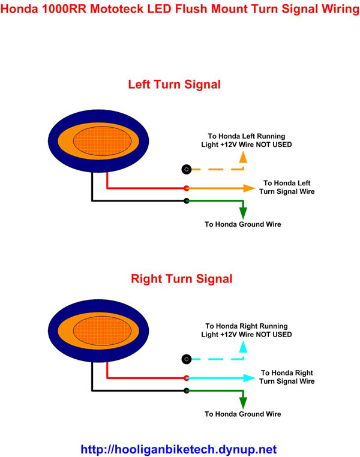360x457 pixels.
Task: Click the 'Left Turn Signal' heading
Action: (x=174, y=85)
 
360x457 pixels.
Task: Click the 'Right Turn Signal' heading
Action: (x=181, y=278)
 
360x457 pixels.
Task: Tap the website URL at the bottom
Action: (x=178, y=449)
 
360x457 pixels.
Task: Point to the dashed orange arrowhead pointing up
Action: (x=242, y=157)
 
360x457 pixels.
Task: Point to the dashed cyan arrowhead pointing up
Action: (x=242, y=346)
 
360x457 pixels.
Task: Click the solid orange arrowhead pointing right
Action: (x=249, y=188)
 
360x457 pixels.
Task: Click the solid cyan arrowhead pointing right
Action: (x=249, y=378)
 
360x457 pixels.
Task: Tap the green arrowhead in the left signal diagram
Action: (x=242, y=212)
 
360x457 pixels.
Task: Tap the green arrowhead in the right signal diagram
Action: (x=242, y=402)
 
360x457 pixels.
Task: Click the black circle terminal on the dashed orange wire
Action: (x=187, y=169)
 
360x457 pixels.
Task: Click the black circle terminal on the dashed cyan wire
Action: (x=187, y=359)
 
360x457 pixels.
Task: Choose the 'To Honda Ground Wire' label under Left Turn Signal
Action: (x=242, y=224)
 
